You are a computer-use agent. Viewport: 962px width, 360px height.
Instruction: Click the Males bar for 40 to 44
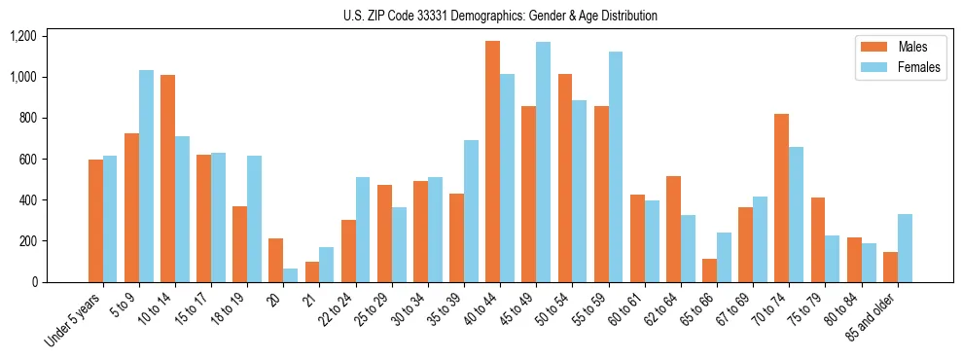click(x=492, y=162)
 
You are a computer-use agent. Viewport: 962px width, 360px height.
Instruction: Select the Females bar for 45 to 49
click(x=543, y=162)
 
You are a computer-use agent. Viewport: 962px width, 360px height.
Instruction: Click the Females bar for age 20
click(x=290, y=275)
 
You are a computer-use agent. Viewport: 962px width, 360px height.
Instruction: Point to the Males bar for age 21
click(x=312, y=271)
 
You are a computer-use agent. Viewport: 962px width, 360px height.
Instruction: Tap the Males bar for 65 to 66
click(x=709, y=270)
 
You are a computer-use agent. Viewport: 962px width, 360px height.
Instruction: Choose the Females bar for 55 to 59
click(x=615, y=166)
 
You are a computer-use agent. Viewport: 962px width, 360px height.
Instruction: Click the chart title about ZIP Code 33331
click(x=500, y=16)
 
